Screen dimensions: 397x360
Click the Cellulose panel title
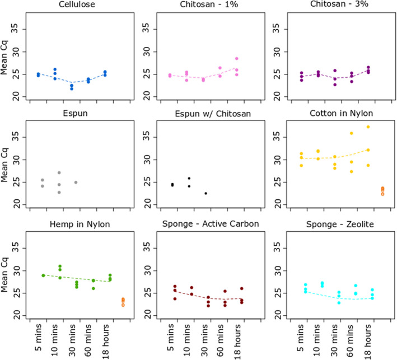(77, 4)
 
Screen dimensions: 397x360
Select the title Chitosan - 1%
(209, 4)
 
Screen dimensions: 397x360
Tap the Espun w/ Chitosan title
(213, 114)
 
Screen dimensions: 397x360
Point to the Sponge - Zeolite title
(340, 225)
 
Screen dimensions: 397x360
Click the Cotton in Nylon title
(342, 113)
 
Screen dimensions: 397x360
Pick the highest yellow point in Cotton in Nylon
(368, 127)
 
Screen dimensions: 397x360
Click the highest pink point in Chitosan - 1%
(237, 58)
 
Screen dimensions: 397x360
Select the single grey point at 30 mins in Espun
(76, 183)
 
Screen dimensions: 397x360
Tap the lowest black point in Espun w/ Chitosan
(206, 193)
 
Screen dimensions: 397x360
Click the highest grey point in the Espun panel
(59, 172)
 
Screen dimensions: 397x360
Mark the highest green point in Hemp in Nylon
(60, 266)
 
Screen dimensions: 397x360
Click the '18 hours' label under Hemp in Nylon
(106, 342)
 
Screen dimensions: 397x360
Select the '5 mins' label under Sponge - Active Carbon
(171, 338)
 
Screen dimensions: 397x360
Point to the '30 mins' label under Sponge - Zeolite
(334, 340)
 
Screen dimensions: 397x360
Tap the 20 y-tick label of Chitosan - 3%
(277, 96)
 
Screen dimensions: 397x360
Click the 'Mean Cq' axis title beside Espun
(4, 165)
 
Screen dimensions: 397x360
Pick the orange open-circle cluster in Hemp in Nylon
(123, 302)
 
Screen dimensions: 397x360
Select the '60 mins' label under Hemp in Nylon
(88, 340)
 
